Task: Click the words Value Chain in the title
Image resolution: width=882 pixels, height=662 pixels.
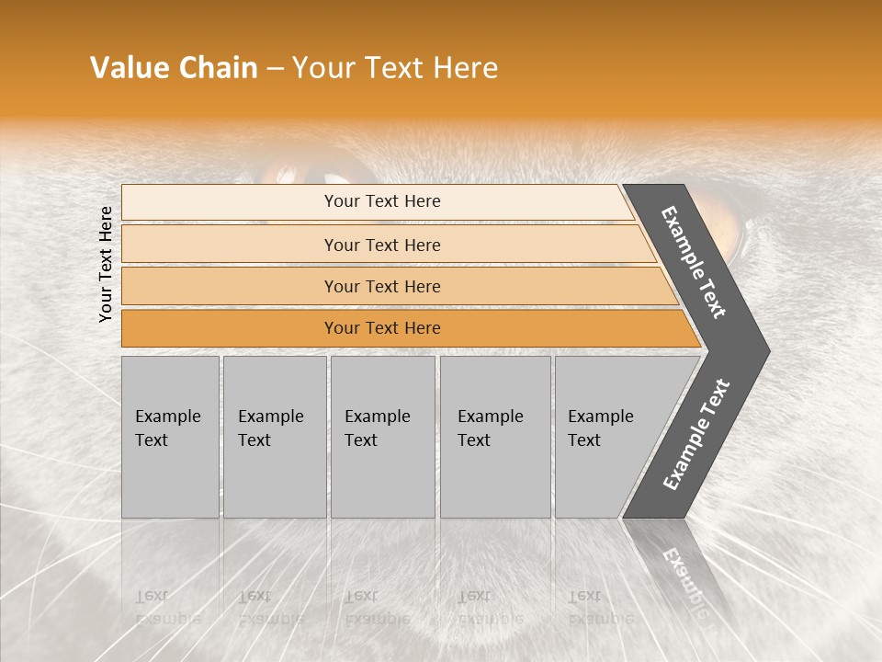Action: click(174, 68)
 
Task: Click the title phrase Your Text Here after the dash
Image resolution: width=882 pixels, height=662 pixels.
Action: click(395, 68)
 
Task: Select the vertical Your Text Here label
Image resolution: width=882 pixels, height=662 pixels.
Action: click(106, 264)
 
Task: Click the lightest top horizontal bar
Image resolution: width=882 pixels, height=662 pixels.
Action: click(377, 201)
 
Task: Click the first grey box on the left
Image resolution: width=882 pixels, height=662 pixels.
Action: click(170, 437)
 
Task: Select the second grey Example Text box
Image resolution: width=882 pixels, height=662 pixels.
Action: click(274, 437)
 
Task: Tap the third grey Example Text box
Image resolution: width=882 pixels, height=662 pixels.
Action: click(382, 437)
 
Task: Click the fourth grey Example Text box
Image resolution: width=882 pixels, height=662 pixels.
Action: click(494, 437)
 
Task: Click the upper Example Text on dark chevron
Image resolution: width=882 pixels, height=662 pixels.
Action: click(694, 262)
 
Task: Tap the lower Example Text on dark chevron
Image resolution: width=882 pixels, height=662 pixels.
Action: click(696, 435)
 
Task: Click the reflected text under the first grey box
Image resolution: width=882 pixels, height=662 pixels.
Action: click(168, 607)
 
